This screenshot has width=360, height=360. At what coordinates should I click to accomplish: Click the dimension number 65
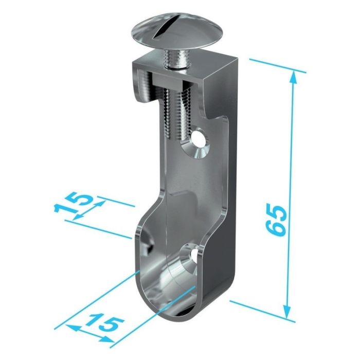point(276,220)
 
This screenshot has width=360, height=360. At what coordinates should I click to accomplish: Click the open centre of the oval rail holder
point(165,278)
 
